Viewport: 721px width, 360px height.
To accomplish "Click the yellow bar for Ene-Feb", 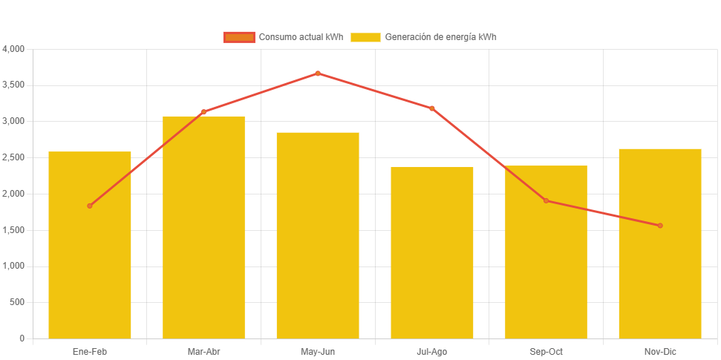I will coord(90,245).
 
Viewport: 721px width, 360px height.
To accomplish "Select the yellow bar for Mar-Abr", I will coord(203,227).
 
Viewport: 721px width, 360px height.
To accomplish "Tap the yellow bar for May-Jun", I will coord(318,235).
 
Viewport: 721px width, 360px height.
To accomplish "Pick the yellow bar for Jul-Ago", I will coord(431,252).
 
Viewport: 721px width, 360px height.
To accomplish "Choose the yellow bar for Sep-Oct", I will coord(546,252).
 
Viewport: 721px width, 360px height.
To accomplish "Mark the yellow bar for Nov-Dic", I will coord(659,243).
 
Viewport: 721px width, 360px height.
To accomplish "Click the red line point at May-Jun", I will coord(318,73).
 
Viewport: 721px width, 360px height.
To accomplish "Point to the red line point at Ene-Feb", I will coord(90,206).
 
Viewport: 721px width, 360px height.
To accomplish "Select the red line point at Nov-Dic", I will coord(659,226).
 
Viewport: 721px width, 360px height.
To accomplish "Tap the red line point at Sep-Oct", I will coord(546,200).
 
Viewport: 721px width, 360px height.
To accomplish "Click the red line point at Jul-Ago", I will coord(431,108).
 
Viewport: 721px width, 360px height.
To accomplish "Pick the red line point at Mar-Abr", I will coord(203,112).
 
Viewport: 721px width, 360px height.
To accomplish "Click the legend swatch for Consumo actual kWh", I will coord(238,37).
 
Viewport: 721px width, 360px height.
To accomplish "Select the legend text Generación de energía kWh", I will coord(441,37).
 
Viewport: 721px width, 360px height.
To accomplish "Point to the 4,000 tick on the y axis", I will coord(14,49).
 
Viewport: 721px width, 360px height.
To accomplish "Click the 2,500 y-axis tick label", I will coord(14,157).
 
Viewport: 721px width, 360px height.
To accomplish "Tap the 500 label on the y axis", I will coord(17,302).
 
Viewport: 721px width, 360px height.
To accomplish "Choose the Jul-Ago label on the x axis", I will coord(431,351).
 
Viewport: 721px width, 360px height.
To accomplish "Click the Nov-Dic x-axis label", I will coord(659,351).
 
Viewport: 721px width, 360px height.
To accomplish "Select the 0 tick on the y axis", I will coord(22,338).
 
